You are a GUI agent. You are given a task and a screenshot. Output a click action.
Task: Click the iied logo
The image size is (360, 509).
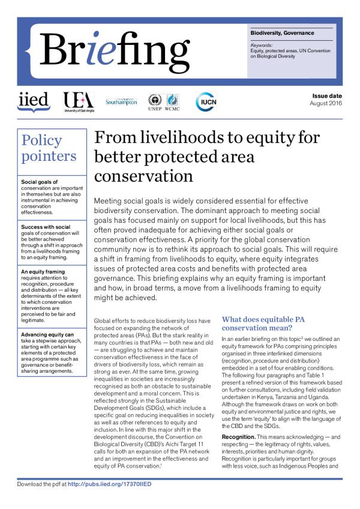tap(33, 101)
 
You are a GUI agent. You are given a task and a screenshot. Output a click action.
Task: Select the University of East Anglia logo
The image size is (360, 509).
tap(77, 102)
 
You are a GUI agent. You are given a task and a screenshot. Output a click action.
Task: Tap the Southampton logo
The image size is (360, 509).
tap(122, 101)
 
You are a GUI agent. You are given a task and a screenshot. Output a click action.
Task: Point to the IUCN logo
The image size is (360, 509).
tap(206, 101)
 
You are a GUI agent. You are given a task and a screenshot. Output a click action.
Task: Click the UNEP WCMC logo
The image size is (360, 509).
tap(164, 102)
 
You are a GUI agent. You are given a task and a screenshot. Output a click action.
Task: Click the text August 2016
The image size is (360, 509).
tap(325, 104)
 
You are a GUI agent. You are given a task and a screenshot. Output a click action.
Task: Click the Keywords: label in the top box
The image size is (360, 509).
tap(262, 44)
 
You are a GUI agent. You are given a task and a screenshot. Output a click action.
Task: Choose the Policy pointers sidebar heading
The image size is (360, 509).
tap(49, 148)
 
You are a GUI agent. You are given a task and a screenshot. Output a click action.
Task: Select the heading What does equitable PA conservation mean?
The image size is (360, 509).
tap(263, 324)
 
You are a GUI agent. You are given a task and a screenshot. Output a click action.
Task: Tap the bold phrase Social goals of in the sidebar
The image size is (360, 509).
tap(40, 181)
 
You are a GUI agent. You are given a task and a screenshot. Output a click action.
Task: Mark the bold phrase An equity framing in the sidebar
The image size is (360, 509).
tap(44, 271)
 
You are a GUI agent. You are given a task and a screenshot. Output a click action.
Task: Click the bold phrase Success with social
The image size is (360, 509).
tap(46, 227)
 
